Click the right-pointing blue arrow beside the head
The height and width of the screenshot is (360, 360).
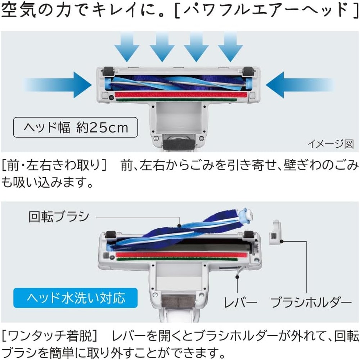57,85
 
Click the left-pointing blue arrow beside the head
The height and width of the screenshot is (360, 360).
300,85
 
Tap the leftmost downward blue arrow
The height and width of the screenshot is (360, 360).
127,47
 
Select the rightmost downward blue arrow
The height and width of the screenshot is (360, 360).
230,47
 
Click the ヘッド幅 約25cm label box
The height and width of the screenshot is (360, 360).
76,127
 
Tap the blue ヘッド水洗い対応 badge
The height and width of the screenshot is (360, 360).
76,298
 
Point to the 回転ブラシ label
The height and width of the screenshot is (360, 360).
59,216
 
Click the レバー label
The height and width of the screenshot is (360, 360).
240,302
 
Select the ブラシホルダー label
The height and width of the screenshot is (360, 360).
311,302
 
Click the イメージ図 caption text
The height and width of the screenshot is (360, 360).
330,144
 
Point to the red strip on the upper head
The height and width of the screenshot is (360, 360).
181,95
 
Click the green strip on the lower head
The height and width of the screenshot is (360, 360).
177,260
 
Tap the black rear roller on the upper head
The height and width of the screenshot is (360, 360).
179,145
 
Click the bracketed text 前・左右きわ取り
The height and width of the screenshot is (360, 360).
54,165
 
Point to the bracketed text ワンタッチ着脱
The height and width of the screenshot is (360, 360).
50,336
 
